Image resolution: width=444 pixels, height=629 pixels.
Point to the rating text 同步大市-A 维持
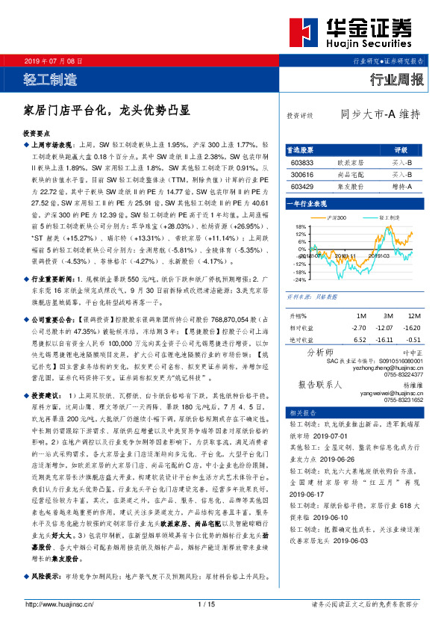tap(381, 115)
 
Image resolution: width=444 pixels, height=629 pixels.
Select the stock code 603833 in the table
tap(302, 162)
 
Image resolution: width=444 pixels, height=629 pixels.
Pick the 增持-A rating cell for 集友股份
tap(401, 185)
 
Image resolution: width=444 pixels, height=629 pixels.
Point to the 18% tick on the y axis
tap(300, 226)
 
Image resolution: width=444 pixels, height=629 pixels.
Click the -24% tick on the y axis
tap(299, 279)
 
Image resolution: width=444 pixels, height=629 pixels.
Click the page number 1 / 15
tap(207, 604)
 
